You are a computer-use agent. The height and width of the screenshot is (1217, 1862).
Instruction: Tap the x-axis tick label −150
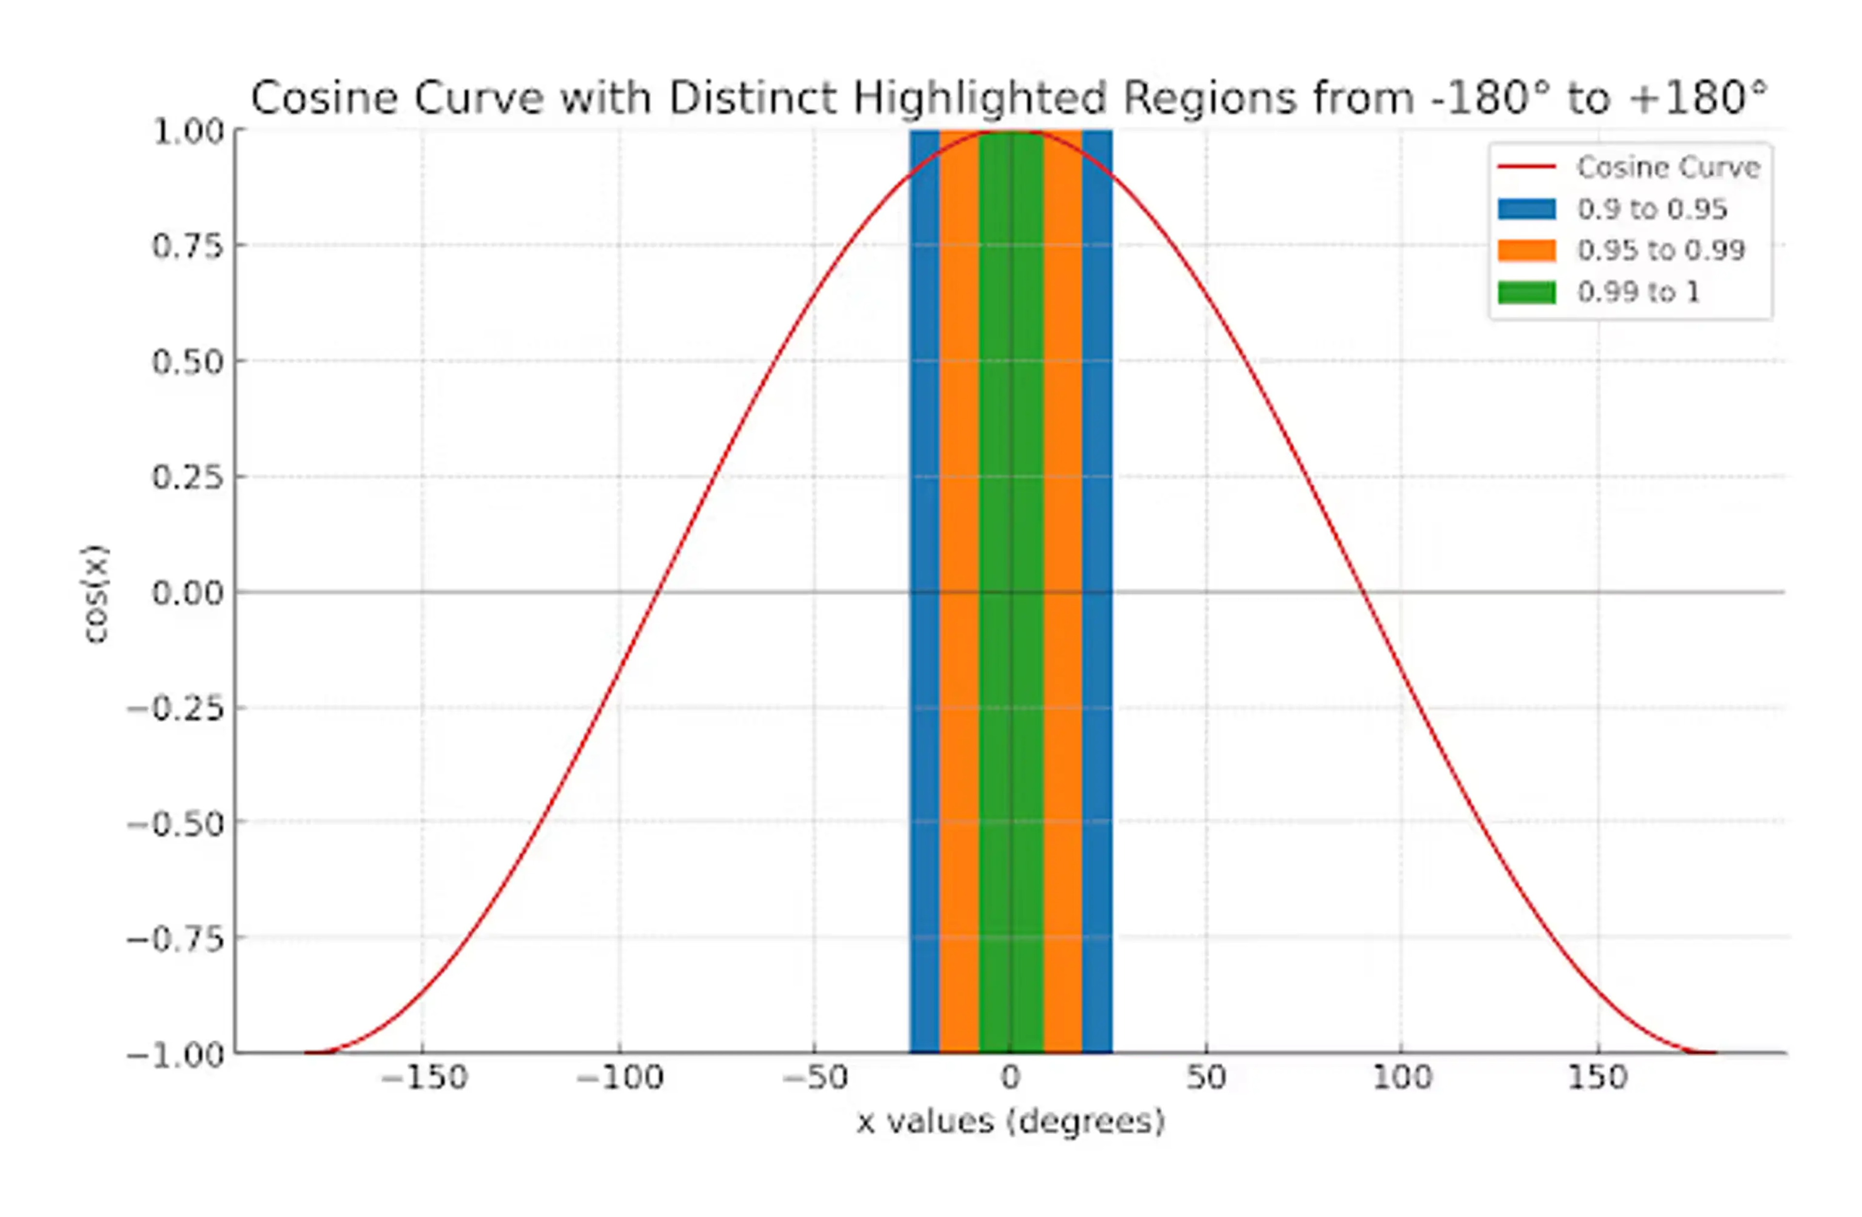(423, 1078)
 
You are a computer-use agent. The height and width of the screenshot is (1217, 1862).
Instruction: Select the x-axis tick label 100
(1402, 1078)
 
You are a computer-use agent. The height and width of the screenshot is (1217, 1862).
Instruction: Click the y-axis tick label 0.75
(188, 246)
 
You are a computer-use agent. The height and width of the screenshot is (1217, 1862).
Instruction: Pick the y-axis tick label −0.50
(176, 823)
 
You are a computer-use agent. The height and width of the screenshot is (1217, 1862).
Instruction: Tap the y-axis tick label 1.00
(188, 131)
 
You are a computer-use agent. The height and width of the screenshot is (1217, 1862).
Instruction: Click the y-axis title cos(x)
(96, 594)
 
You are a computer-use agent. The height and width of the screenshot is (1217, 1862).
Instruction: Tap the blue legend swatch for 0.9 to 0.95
(1526, 209)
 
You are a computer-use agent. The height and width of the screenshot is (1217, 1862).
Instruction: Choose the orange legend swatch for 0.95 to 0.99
(1526, 250)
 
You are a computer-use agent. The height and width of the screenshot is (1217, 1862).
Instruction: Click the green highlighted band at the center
(1011, 548)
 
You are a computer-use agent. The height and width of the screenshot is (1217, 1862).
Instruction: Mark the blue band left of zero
(925, 548)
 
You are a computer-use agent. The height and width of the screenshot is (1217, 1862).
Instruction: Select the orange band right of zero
(1062, 548)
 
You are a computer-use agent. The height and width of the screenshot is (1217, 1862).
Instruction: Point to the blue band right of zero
(1097, 548)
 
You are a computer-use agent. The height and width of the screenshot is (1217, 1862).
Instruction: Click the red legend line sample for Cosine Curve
(1526, 167)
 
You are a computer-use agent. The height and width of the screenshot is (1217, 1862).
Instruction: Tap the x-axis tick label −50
(815, 1078)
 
